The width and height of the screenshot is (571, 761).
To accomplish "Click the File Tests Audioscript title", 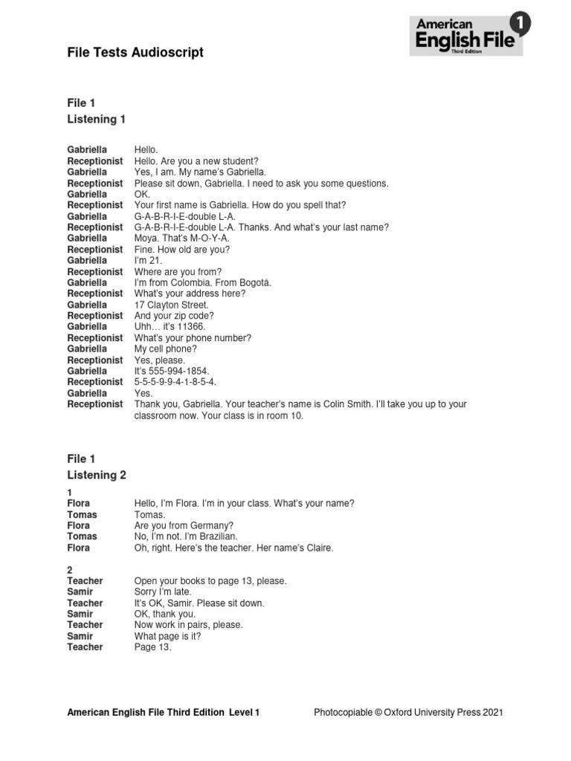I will tap(135, 52).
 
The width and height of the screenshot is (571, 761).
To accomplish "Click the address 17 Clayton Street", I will tap(172, 305).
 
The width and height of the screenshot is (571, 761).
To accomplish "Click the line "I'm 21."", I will tap(148, 260).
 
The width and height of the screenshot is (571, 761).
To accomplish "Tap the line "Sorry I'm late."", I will tap(163, 592).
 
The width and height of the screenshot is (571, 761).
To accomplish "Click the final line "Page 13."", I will tap(152, 647).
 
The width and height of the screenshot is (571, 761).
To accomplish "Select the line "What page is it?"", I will tap(167, 636).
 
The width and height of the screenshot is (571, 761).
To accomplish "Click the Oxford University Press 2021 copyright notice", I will tap(408, 713).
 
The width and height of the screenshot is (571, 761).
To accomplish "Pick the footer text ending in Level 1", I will tap(164, 713).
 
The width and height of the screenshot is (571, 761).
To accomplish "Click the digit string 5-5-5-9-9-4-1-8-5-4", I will tap(175, 382).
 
